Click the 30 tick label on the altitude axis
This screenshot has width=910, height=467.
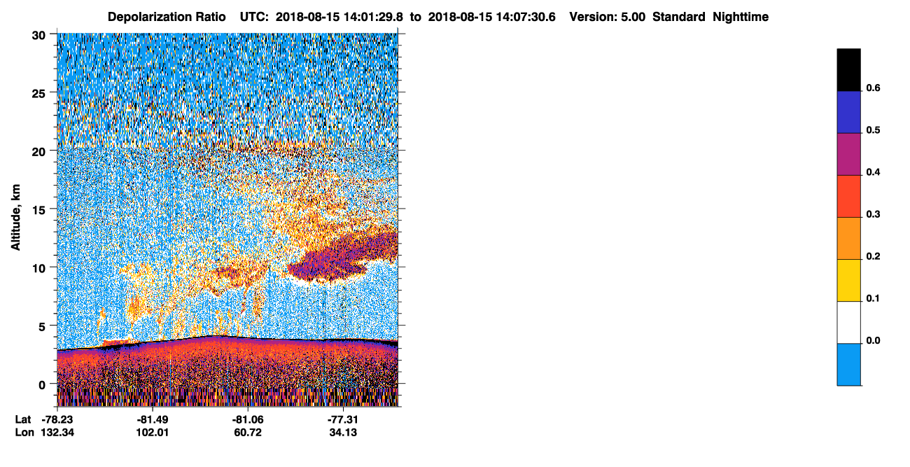38,36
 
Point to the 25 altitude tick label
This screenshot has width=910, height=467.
38,94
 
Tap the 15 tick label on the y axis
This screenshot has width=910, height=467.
38,211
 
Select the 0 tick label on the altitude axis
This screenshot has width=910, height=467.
42,385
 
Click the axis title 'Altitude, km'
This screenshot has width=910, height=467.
15,217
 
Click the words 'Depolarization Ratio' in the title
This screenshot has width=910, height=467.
167,17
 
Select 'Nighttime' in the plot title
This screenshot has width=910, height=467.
741,17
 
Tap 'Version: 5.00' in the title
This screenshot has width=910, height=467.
608,17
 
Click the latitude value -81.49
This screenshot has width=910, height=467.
153,419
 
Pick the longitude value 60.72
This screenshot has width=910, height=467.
248,432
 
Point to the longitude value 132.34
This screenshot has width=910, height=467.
57,432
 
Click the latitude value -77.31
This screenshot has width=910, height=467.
343,419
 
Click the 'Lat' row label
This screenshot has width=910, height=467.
23,419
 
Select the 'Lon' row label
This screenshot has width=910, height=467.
24,432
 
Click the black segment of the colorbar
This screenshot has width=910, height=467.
848,70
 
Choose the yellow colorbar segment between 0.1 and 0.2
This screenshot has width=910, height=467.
848,281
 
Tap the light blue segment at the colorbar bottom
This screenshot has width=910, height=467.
848,365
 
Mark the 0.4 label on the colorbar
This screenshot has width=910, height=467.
873,172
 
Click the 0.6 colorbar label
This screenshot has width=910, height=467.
873,88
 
